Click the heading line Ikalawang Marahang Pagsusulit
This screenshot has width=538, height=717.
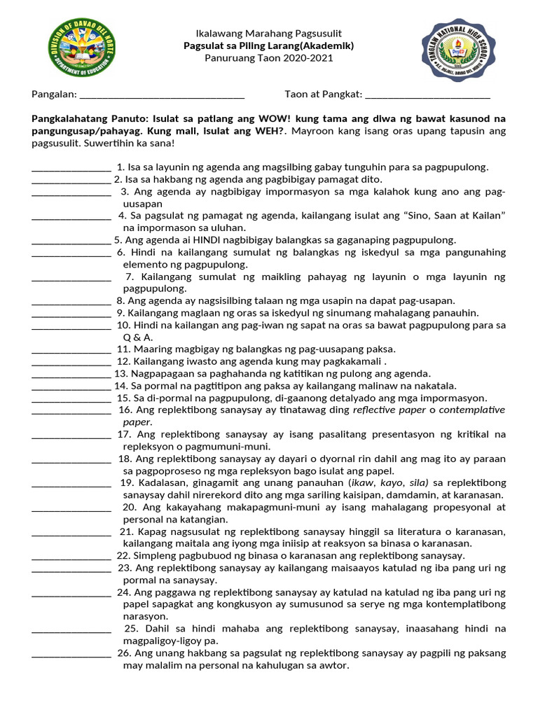[269, 34]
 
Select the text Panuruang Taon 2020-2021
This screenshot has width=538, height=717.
[269, 57]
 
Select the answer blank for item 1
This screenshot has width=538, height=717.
[71, 168]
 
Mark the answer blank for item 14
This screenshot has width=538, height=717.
[71, 387]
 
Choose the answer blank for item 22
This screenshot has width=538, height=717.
[71, 556]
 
